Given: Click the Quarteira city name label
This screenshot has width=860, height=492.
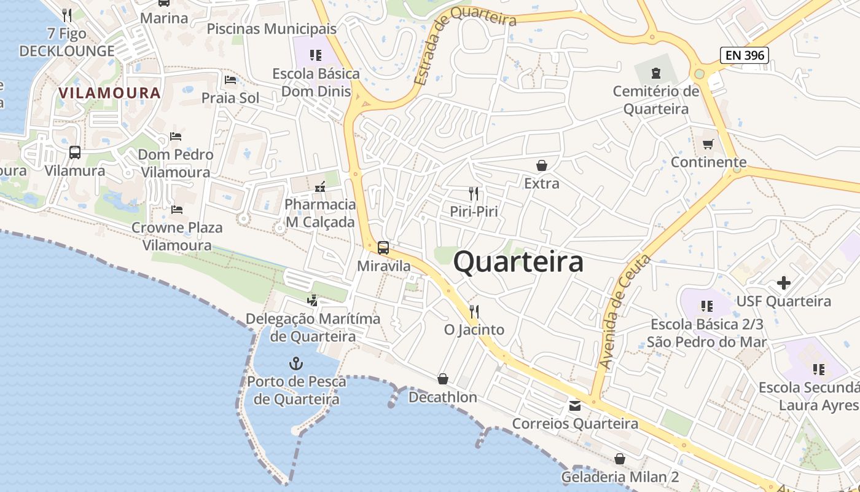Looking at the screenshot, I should pos(518,262).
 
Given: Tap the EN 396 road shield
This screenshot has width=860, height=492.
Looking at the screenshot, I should pos(745,55).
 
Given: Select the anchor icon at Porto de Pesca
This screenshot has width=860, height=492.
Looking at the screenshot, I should pos(296,363).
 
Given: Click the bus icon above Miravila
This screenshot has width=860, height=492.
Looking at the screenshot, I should pos(383,248).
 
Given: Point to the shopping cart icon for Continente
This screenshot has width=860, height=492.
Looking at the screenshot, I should pos(708,144).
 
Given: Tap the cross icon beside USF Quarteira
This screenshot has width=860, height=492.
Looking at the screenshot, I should pos(783,283).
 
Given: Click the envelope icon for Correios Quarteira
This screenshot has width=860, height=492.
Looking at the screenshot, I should pos(574,405).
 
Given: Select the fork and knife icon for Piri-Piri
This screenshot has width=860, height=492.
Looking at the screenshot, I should pos(473,193).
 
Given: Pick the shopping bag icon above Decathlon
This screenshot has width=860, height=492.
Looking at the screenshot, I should pos(442,379).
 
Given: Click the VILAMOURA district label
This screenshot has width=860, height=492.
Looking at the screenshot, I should pos(109,93).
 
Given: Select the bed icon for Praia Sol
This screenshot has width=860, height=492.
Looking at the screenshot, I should pos(230,80).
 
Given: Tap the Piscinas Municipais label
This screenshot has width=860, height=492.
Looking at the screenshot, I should pos(272,29).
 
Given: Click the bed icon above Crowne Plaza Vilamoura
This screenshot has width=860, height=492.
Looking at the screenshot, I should pos(177,210).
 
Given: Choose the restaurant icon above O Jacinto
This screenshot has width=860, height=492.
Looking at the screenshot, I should pos(474,311).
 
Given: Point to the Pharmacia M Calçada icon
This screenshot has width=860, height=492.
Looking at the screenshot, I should pos(319,186).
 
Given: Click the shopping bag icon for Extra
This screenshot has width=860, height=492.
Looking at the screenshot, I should pos(541,165).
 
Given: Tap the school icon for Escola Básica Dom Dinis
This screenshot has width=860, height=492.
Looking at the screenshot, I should pos(316,55).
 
